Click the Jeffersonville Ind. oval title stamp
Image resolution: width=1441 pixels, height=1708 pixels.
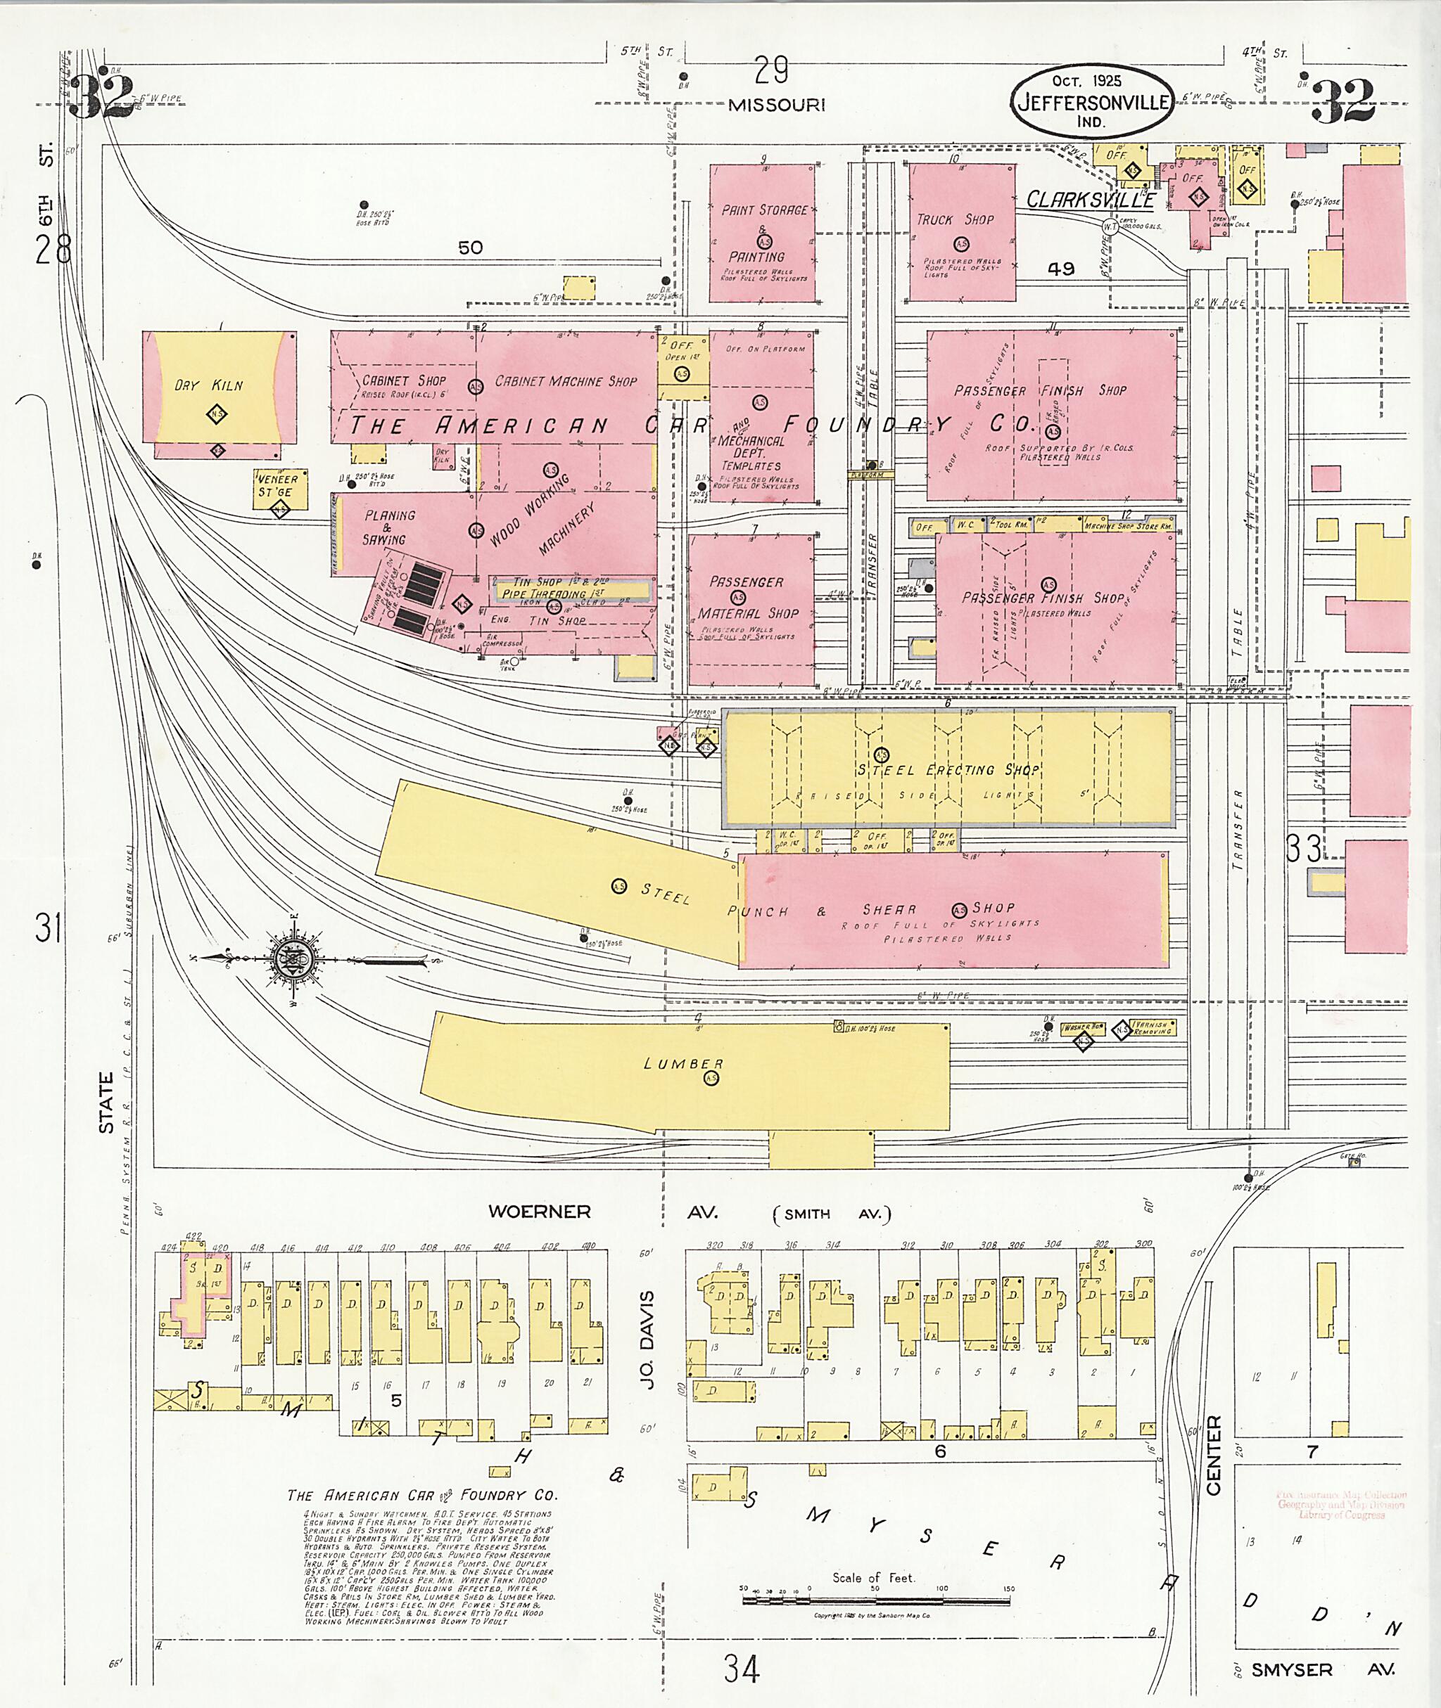point(1092,102)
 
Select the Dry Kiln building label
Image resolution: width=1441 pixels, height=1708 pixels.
point(208,385)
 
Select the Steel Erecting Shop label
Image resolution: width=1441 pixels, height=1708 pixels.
point(948,769)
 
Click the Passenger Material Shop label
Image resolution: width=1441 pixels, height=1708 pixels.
point(747,598)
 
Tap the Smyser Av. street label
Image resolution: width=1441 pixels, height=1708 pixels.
point(1323,1669)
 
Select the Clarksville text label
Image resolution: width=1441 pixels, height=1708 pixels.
point(1090,199)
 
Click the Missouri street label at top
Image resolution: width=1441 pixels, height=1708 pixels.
point(776,105)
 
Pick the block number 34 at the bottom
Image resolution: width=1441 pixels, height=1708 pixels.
point(742,1669)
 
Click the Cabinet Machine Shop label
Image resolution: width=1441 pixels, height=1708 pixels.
point(565,381)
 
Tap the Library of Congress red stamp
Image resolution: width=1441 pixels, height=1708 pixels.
point(1340,1504)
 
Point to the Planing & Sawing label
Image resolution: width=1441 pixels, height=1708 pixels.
point(389,527)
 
